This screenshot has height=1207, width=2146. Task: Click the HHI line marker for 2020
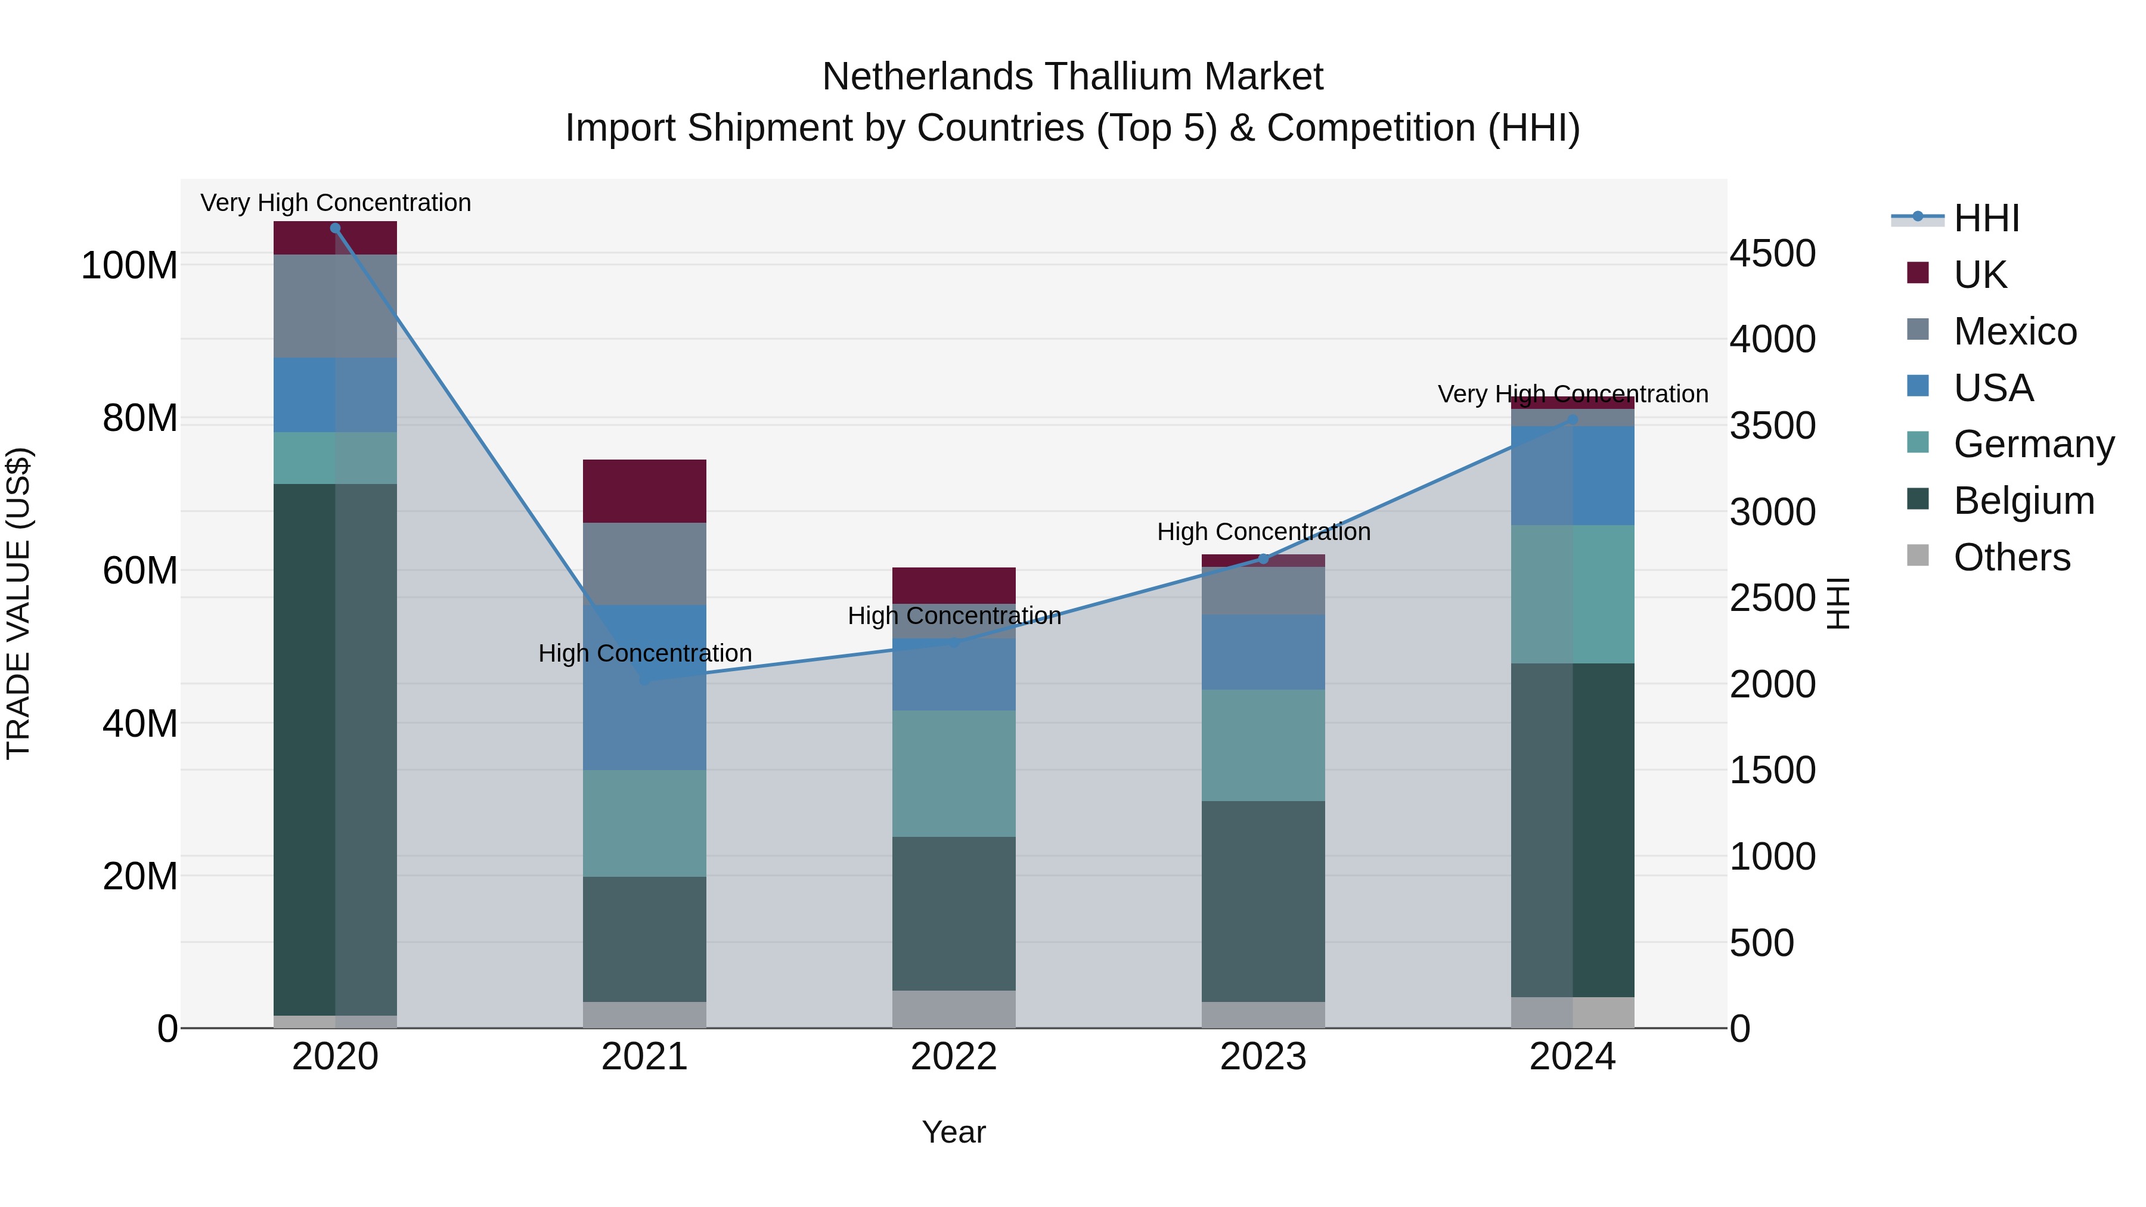click(x=335, y=228)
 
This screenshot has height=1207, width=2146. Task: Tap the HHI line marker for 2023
click(x=1263, y=559)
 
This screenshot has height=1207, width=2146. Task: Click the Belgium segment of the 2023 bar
click(x=1263, y=901)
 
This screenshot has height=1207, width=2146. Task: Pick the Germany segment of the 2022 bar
click(x=954, y=773)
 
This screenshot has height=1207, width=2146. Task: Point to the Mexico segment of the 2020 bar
click(x=335, y=306)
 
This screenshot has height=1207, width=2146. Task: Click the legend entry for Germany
click(x=2033, y=444)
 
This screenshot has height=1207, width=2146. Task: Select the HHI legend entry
click(x=1986, y=218)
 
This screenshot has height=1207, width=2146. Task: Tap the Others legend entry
click(x=2011, y=557)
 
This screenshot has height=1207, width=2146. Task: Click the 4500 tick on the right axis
click(x=1772, y=253)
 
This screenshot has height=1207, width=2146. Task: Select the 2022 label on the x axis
click(x=954, y=1057)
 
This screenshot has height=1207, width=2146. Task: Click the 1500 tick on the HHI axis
click(x=1772, y=771)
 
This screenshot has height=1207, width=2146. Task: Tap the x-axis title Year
click(x=954, y=1132)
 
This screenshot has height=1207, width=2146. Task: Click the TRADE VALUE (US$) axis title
click(x=18, y=603)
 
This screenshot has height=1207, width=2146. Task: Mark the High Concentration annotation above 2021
click(x=645, y=653)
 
